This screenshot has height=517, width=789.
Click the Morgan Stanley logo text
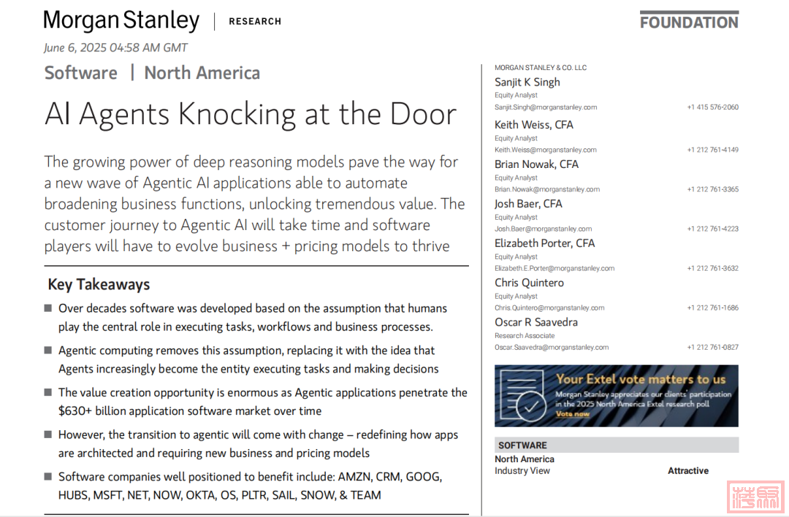pyautogui.click(x=121, y=20)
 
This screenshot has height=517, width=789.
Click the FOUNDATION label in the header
pyautogui.click(x=689, y=22)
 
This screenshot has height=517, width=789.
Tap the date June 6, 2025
pyautogui.click(x=75, y=48)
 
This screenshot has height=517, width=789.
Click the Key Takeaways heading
pyautogui.click(x=99, y=285)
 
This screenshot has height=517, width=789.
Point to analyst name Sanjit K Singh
pyautogui.click(x=527, y=82)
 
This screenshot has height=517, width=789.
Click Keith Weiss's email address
pyautogui.click(x=545, y=150)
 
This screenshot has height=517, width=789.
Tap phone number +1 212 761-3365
pyautogui.click(x=712, y=189)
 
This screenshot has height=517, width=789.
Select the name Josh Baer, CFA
pyautogui.click(x=528, y=204)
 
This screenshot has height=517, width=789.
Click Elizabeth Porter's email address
pyautogui.click(x=554, y=268)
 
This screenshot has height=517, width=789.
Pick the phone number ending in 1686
pyautogui.click(x=712, y=307)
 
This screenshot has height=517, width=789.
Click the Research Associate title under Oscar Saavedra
pyautogui.click(x=524, y=336)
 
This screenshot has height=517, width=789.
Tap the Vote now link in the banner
pyautogui.click(x=572, y=414)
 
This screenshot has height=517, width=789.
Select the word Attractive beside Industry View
pyautogui.click(x=687, y=471)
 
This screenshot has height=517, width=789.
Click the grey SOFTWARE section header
pyautogui.click(x=522, y=445)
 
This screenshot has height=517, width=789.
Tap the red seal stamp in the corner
pyautogui.click(x=755, y=496)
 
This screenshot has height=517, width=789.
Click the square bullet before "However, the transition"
pyautogui.click(x=48, y=434)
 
